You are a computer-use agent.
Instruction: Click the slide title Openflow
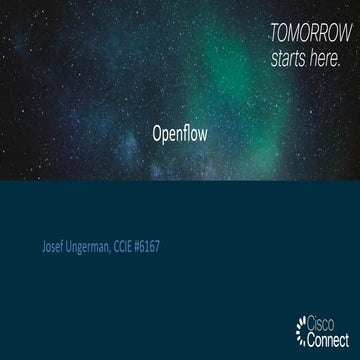(x=180, y=132)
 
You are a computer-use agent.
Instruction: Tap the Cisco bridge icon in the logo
(x=304, y=327)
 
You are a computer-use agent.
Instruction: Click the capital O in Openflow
(x=157, y=132)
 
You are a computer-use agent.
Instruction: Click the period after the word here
(x=341, y=63)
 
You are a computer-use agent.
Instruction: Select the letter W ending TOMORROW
(x=337, y=34)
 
